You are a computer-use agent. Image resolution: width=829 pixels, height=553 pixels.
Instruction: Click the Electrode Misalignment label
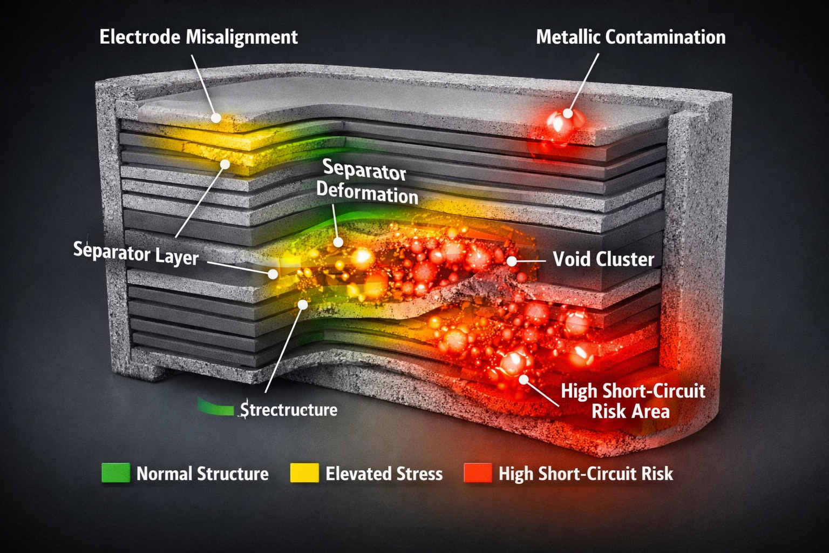coord(199,37)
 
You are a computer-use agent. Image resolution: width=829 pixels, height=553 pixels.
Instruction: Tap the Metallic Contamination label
coord(630,37)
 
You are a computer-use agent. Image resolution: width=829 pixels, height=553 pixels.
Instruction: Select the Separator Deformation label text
coord(366,182)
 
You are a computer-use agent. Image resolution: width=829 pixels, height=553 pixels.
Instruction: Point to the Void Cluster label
coord(603,259)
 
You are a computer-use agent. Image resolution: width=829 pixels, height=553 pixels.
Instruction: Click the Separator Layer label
coord(136,253)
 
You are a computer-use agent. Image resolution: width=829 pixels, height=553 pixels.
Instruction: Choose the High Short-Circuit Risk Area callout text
coord(633,401)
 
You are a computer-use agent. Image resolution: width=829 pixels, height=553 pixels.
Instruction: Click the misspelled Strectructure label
coord(289,410)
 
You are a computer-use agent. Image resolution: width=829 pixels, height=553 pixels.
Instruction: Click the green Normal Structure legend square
coord(116,473)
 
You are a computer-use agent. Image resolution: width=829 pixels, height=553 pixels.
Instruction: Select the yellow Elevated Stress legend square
coord(304,473)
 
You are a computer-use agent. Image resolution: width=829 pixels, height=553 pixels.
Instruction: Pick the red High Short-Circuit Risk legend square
coord(478,473)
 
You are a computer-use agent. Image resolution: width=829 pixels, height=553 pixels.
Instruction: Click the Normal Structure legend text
coord(202,474)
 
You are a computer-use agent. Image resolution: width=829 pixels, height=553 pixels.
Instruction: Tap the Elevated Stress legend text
coord(384,474)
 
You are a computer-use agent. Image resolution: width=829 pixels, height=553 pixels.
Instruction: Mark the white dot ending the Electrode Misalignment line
coord(216,118)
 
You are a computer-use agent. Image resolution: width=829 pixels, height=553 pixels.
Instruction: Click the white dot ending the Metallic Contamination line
coord(568,113)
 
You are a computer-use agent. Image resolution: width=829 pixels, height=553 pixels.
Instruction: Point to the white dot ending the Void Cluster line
coord(512,261)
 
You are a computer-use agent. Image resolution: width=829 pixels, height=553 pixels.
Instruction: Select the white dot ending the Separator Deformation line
coord(338,242)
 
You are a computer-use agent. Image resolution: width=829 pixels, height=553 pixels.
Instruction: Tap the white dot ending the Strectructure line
coord(303,305)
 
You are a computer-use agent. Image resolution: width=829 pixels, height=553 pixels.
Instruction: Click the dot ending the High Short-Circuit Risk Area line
coord(524,379)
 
